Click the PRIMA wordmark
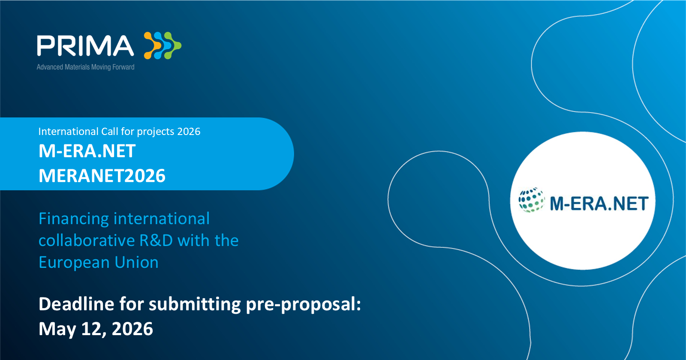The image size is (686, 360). pos(85,45)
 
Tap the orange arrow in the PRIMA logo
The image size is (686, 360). pos(152,45)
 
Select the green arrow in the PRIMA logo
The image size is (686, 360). pos(172,45)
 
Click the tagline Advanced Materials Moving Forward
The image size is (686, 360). pos(85,67)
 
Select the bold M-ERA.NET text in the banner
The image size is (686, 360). pos(87,151)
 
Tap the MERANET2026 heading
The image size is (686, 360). pos(102,176)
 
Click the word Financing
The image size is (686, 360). pos(73,219)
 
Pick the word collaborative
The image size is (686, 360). pos(87,240)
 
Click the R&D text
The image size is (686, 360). pos(156,240)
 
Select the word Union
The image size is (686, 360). pos(136,263)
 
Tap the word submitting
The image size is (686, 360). pos(195,305)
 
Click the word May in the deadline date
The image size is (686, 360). pos(57,330)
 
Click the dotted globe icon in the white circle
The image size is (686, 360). pos(531,200)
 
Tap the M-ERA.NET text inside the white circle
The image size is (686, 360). pos(599,204)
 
